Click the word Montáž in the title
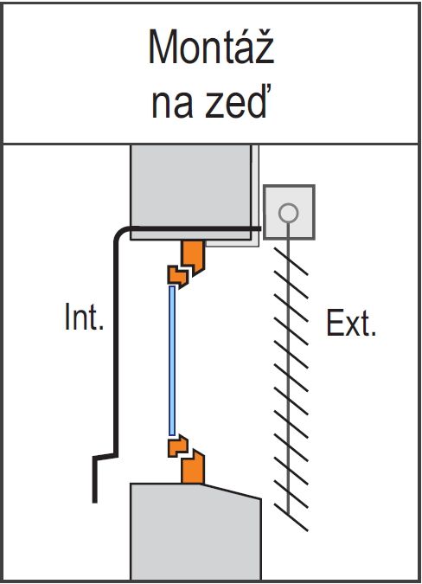coord(211,47)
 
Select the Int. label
coord(84,317)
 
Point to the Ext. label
coord(351,323)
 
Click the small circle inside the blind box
coord(289,213)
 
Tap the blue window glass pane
coord(172,361)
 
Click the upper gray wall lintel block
coord(191,192)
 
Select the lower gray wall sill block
coord(195,531)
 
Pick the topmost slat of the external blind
coord(291,261)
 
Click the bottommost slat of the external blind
coord(291,517)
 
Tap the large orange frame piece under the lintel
coord(193,256)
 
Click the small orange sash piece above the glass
coord(177,276)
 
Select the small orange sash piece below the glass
coord(177,446)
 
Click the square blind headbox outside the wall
coord(289,212)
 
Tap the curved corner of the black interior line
coord(120,233)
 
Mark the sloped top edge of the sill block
coord(231,491)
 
